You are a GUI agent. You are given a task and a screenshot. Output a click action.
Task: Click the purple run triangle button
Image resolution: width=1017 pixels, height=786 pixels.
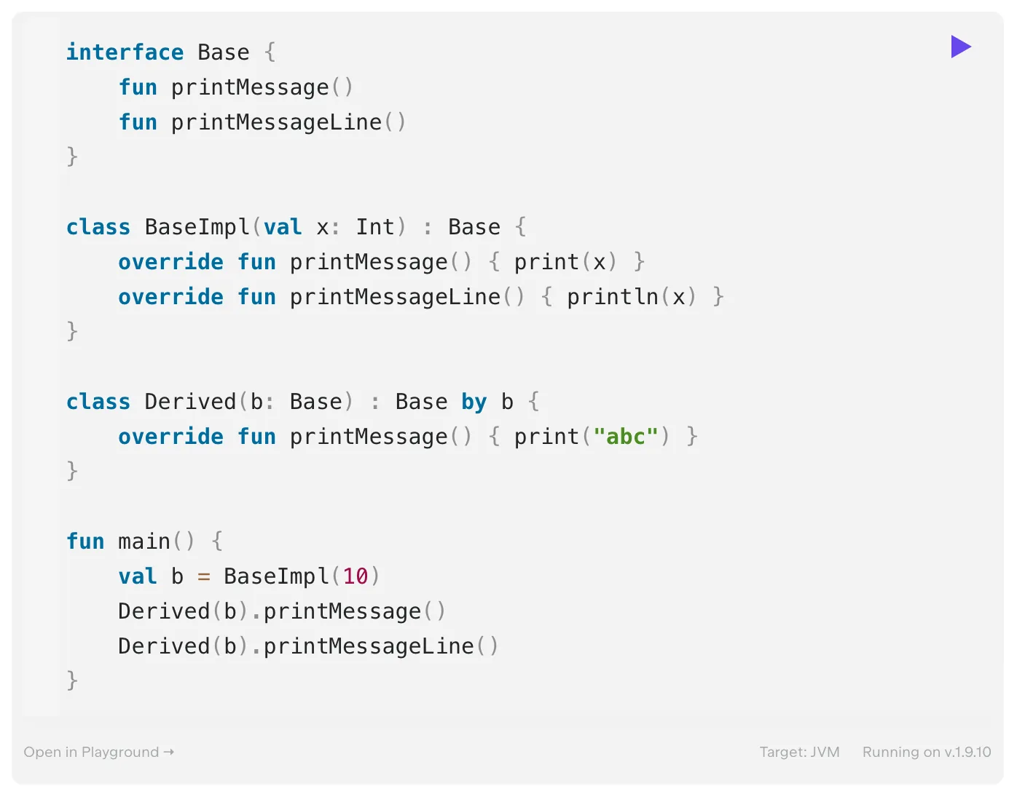tap(960, 47)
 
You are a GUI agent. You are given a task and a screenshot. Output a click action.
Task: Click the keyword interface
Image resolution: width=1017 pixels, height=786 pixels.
tap(125, 52)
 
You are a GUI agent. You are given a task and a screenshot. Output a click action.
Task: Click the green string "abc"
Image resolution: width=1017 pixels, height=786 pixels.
tap(625, 436)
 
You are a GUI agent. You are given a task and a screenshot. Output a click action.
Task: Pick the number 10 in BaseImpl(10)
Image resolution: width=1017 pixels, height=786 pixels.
tap(356, 576)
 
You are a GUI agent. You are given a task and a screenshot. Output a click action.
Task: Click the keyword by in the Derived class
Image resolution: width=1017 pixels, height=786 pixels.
tap(474, 402)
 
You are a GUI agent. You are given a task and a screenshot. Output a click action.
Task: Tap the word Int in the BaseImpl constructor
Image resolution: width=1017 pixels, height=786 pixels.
tap(375, 227)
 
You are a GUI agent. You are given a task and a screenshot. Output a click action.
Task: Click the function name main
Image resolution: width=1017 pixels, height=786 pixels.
tap(144, 541)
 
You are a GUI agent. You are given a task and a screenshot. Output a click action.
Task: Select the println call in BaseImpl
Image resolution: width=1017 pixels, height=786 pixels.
tap(612, 297)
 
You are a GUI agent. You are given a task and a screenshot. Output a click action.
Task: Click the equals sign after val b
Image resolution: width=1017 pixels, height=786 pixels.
tap(203, 576)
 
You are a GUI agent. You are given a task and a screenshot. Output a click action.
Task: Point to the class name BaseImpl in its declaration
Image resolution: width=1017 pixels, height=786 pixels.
tap(197, 227)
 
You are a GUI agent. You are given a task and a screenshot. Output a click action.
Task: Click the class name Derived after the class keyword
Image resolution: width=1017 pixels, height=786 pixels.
tap(190, 402)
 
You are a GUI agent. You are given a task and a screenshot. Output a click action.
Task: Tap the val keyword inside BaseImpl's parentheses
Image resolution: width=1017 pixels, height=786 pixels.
tap(283, 227)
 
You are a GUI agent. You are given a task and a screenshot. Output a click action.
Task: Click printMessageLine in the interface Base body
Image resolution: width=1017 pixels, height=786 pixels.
tap(277, 122)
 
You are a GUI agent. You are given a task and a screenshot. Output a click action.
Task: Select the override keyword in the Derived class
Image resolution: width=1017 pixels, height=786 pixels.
tap(170, 436)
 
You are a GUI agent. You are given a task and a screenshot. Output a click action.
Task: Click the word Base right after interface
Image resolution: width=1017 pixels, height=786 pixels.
tap(223, 52)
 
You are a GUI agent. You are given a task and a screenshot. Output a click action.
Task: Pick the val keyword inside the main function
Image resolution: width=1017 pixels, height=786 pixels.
tap(137, 576)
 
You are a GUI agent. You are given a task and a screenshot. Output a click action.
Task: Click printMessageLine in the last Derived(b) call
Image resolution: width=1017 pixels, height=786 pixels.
tap(369, 646)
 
